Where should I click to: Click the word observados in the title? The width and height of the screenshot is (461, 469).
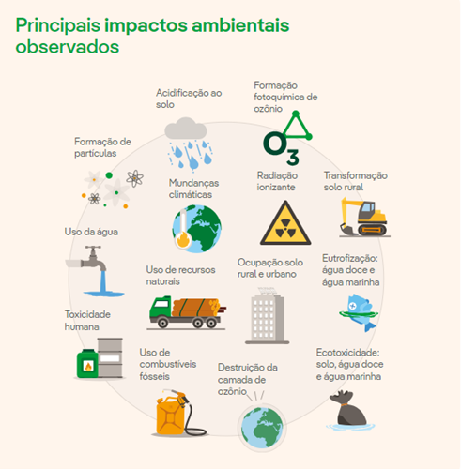point(68,47)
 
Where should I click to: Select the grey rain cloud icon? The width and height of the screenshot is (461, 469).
point(186,129)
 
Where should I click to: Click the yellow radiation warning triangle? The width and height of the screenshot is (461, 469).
point(285,223)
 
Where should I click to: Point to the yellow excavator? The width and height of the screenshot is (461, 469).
point(364,217)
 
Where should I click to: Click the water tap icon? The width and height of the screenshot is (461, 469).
point(95,270)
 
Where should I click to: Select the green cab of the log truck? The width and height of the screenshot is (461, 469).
point(161,307)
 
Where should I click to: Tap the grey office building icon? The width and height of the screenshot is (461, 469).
point(267,315)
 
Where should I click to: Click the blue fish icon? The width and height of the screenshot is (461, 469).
point(360,312)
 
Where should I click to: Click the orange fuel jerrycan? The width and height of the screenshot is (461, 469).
point(170,416)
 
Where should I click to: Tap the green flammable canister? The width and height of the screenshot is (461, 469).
point(87,363)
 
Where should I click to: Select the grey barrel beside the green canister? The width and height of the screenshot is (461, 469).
point(110,357)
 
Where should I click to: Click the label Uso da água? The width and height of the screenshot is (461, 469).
point(91,232)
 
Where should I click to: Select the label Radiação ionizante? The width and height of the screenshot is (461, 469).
point(277,181)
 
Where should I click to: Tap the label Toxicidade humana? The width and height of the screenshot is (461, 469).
point(87,321)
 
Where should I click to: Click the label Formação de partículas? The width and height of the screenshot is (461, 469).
point(102,147)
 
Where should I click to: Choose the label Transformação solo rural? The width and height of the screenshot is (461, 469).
point(356,181)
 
